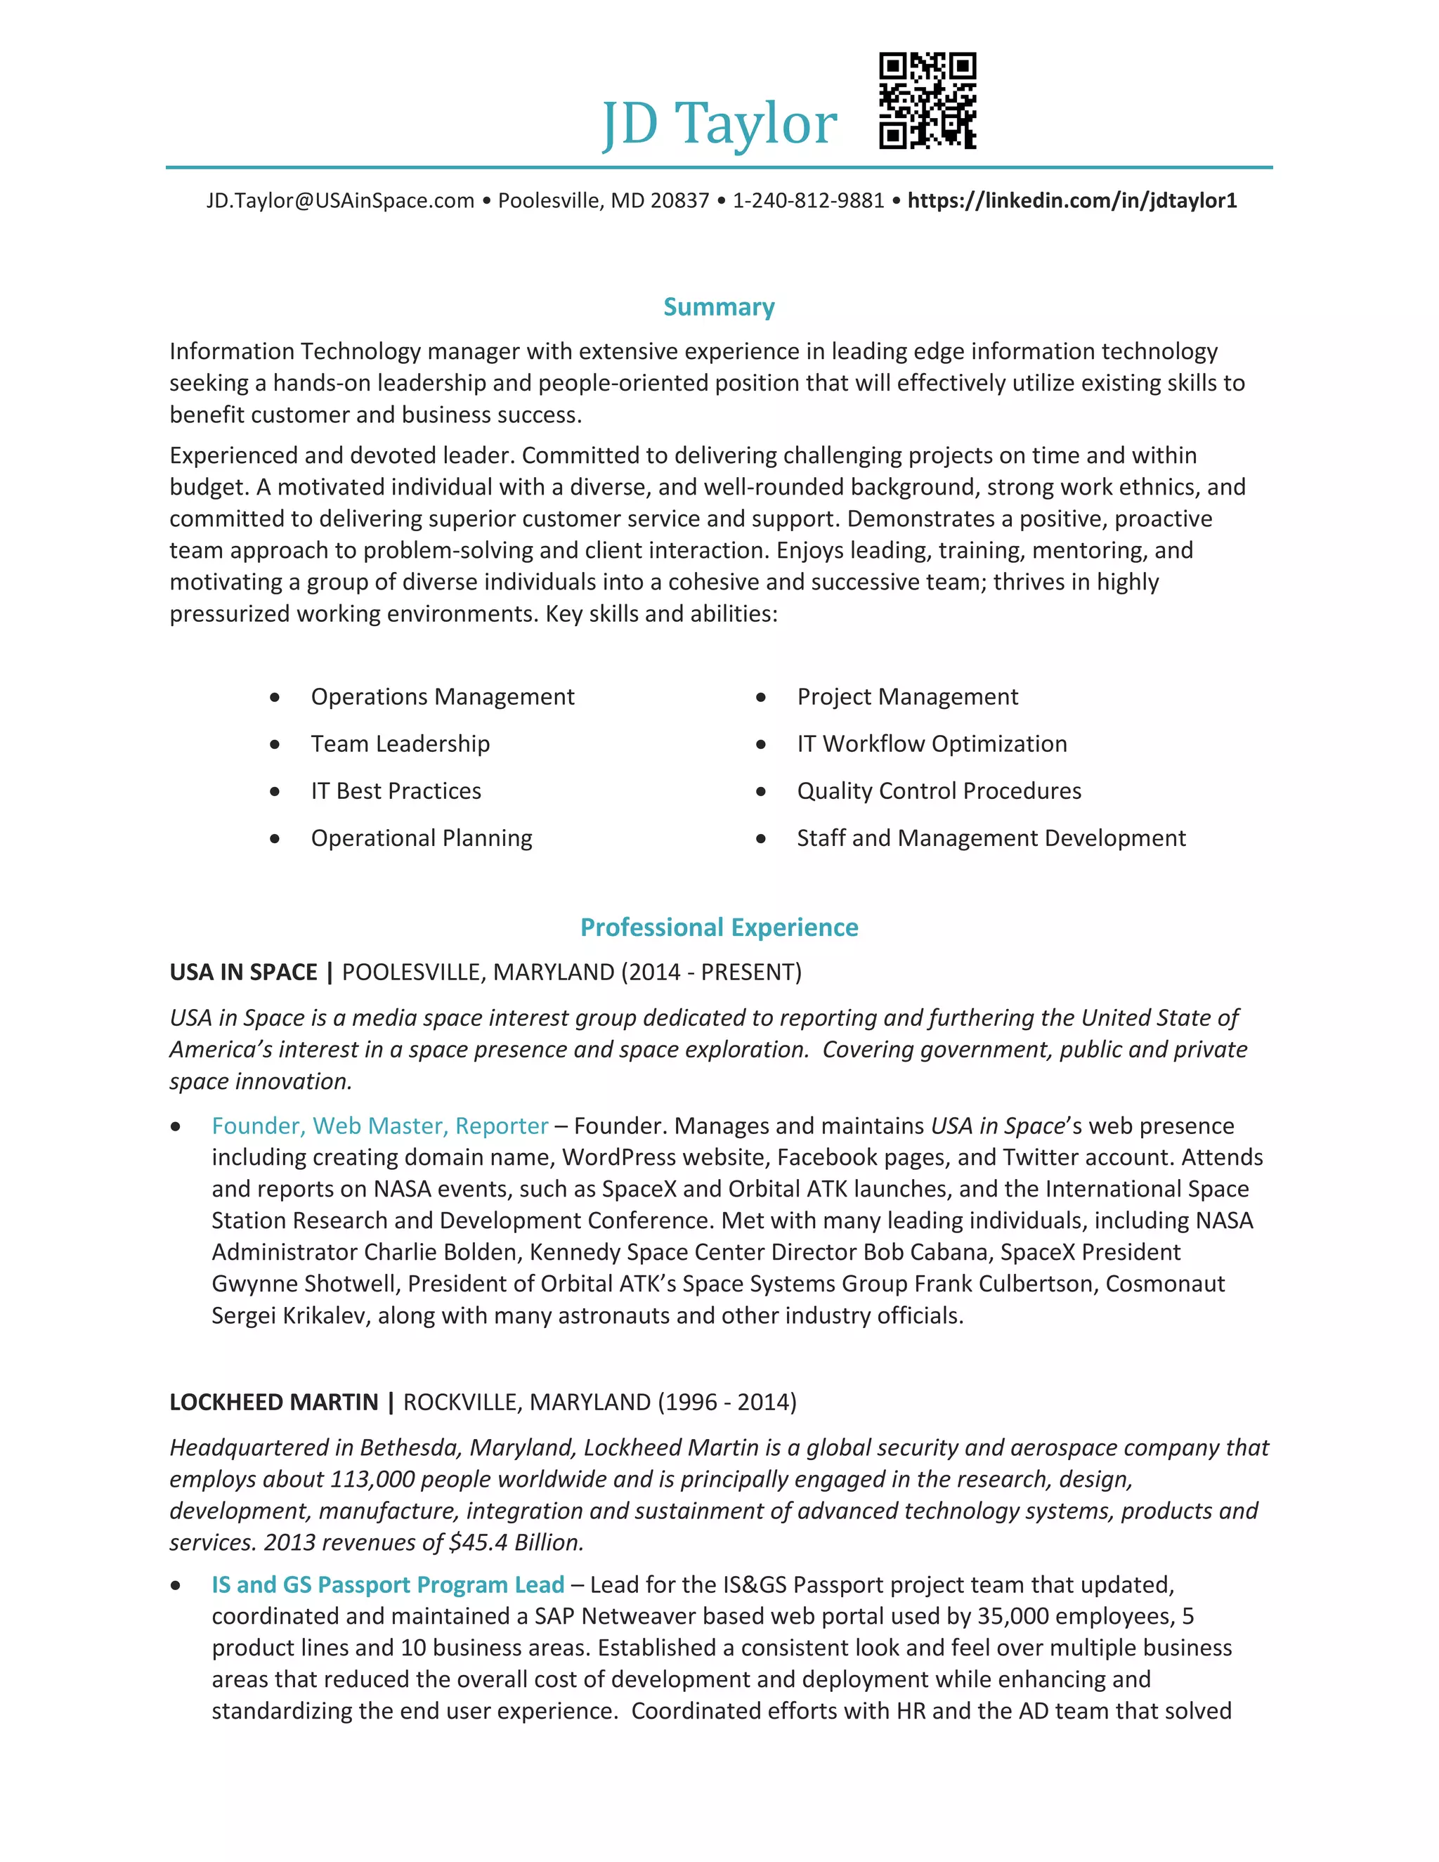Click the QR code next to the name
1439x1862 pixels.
tap(927, 100)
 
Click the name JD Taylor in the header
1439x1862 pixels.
tap(719, 124)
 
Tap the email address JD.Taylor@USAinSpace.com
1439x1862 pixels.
tap(340, 200)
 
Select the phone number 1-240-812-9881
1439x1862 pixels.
tap(808, 200)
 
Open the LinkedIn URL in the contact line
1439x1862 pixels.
tap(1072, 200)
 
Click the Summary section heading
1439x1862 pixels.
tap(719, 307)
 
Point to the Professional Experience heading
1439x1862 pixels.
tap(719, 927)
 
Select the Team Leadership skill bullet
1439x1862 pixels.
tap(400, 743)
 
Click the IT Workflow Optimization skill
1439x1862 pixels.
tap(932, 743)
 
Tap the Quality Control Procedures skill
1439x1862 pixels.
tap(939, 790)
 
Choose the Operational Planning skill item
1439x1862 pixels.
tap(421, 838)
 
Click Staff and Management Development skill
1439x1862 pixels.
tap(991, 838)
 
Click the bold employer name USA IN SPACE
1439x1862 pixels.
tap(243, 972)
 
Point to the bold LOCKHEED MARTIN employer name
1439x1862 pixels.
tap(273, 1402)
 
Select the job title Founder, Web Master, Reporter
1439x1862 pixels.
tap(379, 1126)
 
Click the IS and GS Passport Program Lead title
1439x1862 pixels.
tap(388, 1584)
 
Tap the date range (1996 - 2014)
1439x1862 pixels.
tap(727, 1402)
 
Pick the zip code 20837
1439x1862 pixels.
tap(679, 200)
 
